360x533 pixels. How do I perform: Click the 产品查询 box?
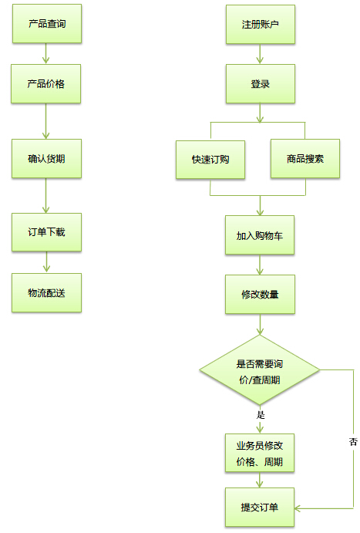47,23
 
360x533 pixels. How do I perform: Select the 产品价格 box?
45,83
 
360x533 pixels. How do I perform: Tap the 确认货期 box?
46,158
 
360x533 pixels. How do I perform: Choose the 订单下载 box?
46,232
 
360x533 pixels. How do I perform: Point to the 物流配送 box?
46,292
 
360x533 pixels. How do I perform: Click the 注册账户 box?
261,24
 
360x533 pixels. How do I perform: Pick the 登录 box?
261,83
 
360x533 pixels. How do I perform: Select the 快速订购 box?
210,160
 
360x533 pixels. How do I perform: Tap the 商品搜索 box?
305,158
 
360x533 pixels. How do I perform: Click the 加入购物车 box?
260,235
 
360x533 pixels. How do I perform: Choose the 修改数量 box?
260,295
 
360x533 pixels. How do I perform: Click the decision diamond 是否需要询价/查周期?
260,369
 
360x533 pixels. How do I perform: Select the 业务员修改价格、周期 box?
260,453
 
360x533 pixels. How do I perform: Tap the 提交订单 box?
260,508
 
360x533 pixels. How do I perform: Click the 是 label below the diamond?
261,415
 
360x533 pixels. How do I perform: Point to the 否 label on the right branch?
353,441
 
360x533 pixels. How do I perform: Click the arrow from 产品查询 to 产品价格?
45,53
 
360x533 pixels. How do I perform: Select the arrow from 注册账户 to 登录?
260,54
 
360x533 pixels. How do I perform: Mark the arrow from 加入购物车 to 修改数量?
260,265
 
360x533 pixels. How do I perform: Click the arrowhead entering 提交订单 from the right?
298,508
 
